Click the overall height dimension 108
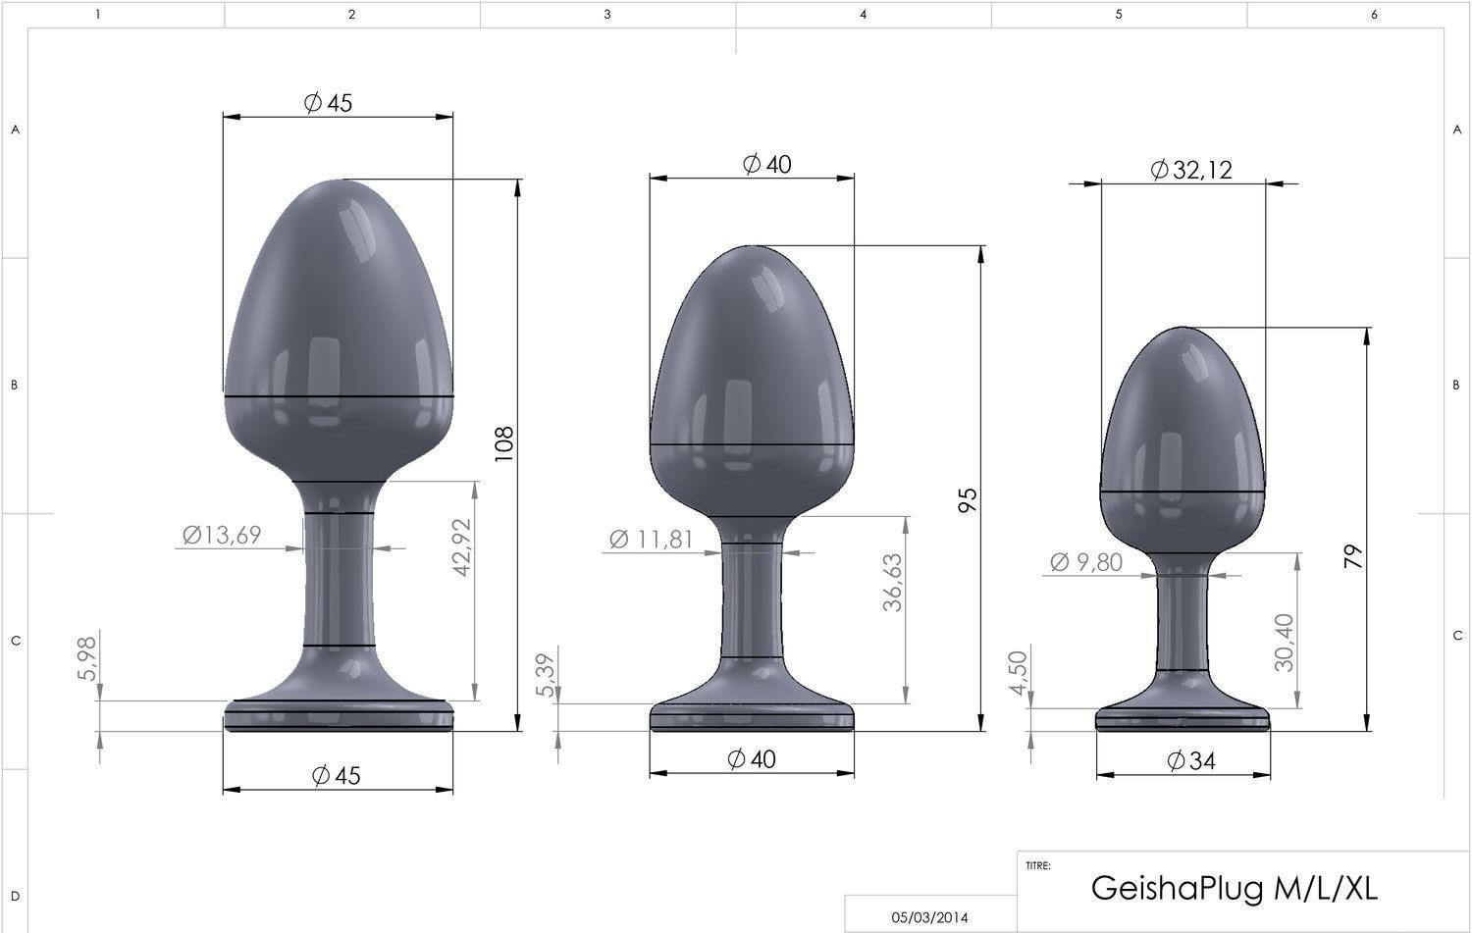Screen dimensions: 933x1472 (x=504, y=444)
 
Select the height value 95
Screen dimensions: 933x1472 (x=969, y=500)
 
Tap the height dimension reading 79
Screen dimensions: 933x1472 (x=1354, y=558)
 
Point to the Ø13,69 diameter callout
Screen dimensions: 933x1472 (x=222, y=535)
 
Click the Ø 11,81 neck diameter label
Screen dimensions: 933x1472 (x=651, y=539)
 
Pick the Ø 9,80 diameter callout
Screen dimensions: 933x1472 (x=1086, y=562)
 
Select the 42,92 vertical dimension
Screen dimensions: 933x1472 (x=462, y=546)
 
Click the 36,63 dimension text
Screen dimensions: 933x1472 (x=892, y=583)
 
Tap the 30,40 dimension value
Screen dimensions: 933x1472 (x=1285, y=642)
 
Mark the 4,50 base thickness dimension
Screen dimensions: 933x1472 (x=1019, y=673)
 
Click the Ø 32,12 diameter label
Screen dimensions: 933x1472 (x=1190, y=171)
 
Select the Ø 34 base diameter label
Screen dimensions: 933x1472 (x=1191, y=760)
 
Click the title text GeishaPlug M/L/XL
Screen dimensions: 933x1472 (x=1234, y=887)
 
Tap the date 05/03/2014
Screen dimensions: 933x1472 (x=929, y=917)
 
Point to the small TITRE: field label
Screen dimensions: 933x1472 (x=1038, y=866)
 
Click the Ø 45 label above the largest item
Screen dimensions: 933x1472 (x=328, y=103)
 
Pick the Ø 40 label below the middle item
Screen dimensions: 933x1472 (x=751, y=758)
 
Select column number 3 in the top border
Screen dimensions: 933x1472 (x=607, y=14)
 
